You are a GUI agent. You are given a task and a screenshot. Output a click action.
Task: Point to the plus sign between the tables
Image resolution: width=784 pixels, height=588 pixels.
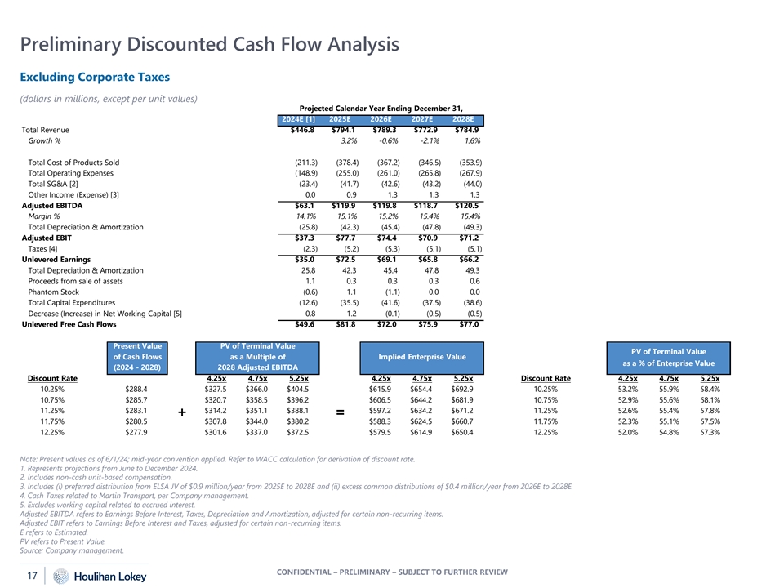point(181,414)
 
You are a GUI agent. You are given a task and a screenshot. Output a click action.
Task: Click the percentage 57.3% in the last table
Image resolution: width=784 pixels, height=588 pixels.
point(707,433)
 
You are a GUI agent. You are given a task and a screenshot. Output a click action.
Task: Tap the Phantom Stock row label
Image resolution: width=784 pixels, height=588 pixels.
point(55,292)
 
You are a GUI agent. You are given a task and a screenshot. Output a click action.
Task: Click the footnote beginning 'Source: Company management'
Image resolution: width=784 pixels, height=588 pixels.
point(71,550)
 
